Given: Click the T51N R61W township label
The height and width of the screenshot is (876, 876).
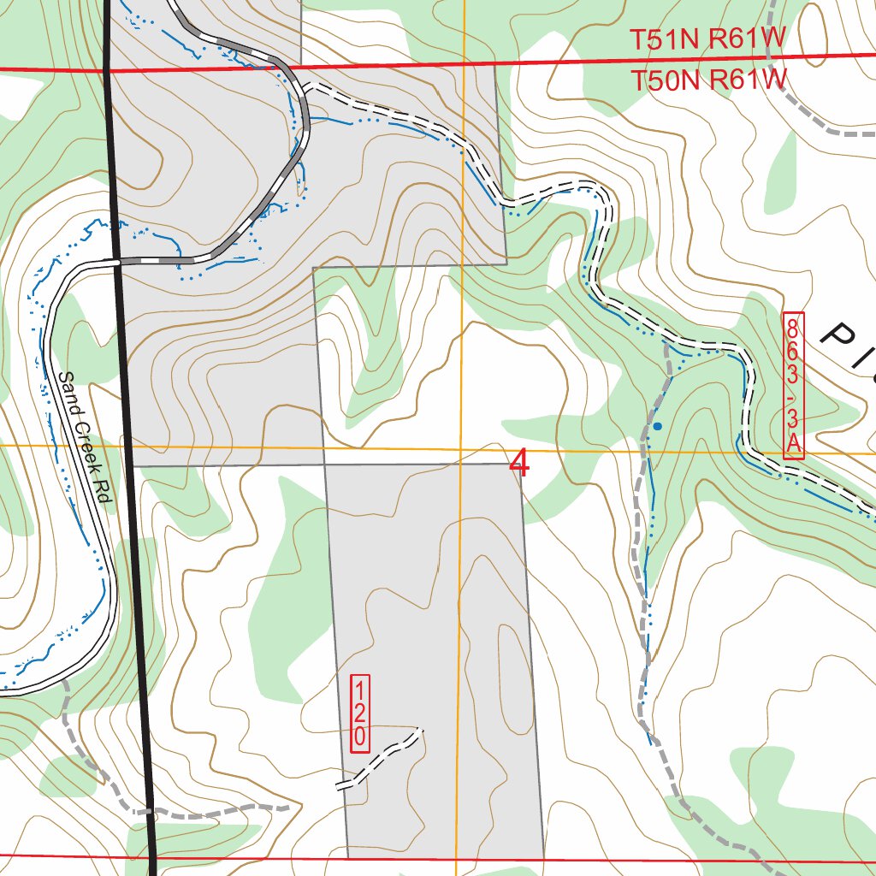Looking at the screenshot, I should coord(707,39).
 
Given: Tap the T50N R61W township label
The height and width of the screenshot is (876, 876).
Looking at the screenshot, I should coord(707,80).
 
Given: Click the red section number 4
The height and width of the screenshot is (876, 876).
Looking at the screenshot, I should coord(519,463).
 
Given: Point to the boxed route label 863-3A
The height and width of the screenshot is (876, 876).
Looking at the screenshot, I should coord(793,386).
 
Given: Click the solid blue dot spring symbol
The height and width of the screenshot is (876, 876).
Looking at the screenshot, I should coord(657,425).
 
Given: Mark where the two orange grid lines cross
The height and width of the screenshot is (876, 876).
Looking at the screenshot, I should coord(461,447).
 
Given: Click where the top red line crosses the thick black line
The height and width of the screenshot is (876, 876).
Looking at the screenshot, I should coord(107,69).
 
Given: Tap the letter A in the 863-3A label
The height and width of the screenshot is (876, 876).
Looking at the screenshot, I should coord(793,445).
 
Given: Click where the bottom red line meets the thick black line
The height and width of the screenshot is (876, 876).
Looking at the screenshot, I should coord(152,856).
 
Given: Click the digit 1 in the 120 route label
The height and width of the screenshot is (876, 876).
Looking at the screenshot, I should coord(360,690).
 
